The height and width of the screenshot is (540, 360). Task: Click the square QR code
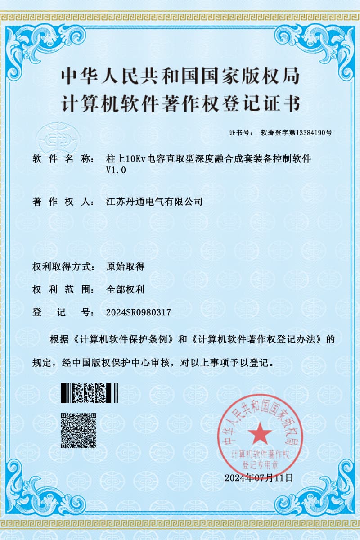[x=79, y=430]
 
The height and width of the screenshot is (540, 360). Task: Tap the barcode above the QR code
[x=90, y=393]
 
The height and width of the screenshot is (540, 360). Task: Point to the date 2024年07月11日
[x=259, y=477]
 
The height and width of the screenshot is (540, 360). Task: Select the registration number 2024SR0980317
[x=138, y=312]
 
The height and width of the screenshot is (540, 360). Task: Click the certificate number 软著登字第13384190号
[x=296, y=133]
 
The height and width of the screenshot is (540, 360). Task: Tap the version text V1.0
[x=116, y=170]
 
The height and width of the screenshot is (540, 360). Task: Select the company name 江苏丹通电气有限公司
[x=154, y=202]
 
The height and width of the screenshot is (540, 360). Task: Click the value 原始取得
[x=125, y=266]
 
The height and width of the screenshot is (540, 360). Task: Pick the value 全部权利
[x=125, y=289]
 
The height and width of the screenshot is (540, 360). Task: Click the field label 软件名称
[x=62, y=159]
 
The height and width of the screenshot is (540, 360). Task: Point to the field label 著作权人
[x=62, y=202]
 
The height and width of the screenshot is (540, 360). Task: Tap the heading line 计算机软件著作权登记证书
[x=180, y=104]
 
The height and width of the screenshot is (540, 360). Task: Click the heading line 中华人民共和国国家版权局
[x=180, y=76]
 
